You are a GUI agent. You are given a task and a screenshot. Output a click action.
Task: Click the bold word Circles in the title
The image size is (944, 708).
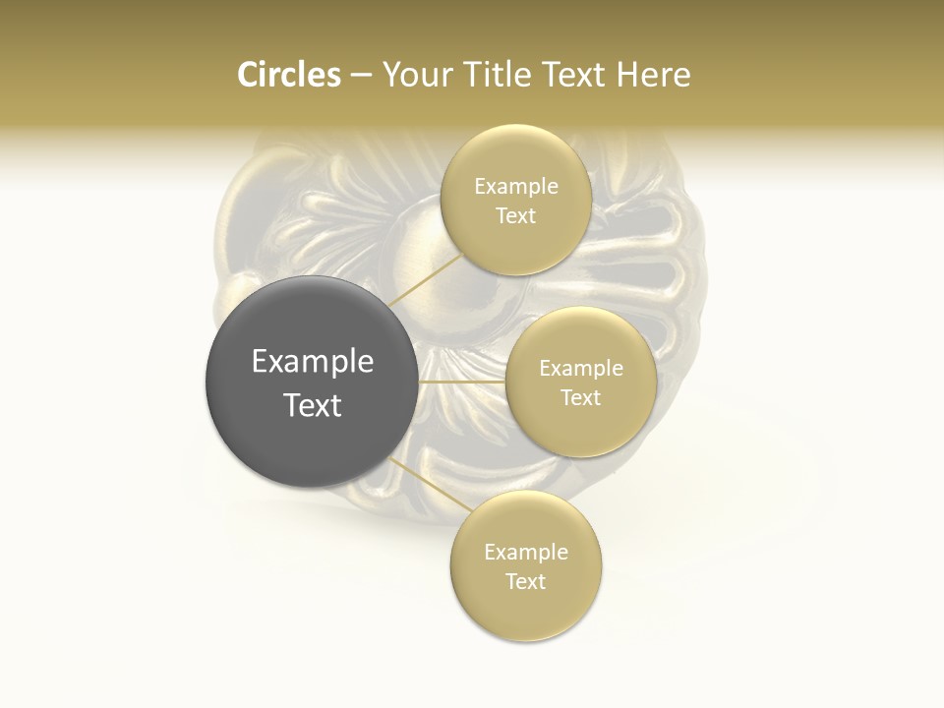tap(288, 75)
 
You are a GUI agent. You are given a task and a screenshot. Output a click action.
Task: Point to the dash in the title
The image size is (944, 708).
tap(360, 76)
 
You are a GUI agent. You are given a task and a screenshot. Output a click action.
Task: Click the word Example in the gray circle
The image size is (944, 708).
tap(313, 362)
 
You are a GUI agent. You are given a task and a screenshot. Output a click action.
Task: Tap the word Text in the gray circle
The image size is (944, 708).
tap(313, 405)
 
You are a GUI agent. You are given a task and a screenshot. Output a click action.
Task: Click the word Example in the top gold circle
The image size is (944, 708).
tap(516, 187)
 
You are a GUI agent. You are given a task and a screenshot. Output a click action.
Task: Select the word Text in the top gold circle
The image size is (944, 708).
tap(516, 216)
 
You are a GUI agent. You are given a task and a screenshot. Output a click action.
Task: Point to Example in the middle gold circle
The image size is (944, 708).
tap(581, 369)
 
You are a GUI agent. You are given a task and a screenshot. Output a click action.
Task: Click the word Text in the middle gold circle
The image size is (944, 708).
tap(581, 398)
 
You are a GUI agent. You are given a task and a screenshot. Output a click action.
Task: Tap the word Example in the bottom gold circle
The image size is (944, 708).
tap(526, 553)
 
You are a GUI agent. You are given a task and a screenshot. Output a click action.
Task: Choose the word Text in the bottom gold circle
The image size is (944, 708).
tap(526, 582)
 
